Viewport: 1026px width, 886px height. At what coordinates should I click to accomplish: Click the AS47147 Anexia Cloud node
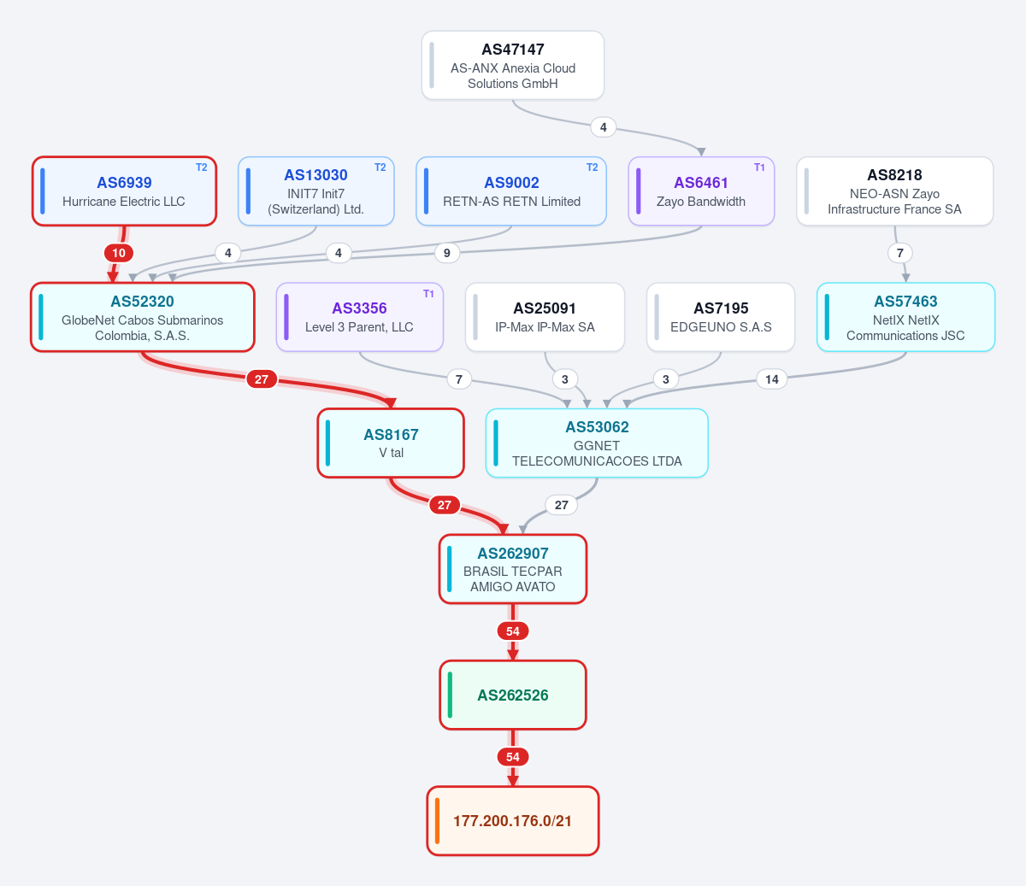[x=513, y=66]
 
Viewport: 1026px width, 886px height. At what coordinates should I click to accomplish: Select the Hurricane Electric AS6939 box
[x=124, y=191]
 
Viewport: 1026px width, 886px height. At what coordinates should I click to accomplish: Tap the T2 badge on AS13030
[x=380, y=167]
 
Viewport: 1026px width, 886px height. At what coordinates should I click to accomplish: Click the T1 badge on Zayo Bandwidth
[x=759, y=167]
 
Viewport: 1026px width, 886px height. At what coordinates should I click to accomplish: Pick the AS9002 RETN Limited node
[x=511, y=191]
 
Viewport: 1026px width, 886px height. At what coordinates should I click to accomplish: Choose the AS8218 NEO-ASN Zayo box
[x=894, y=191]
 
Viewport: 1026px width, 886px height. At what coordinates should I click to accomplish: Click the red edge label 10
[x=119, y=253]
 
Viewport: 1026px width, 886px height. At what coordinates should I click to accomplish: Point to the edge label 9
[x=446, y=253]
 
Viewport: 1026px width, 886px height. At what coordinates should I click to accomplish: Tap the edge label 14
[x=772, y=379]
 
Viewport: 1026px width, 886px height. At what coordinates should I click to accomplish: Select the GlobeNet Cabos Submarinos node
[x=143, y=318]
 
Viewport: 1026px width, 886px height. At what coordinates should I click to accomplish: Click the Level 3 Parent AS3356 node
[x=360, y=318]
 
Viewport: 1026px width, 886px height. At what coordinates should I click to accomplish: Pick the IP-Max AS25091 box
[x=545, y=318]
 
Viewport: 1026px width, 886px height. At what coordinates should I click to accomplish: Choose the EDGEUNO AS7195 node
[x=721, y=318]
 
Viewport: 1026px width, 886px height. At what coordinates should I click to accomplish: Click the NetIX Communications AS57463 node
[x=906, y=318]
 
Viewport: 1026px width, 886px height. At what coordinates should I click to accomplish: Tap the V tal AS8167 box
[x=391, y=443]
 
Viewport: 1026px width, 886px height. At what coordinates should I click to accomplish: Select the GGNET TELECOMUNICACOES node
[x=597, y=443]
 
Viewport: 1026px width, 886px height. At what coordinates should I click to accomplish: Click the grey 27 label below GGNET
[x=562, y=505]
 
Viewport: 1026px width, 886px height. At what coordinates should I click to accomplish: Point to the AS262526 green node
[x=513, y=695]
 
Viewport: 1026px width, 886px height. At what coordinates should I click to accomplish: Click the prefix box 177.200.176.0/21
[x=513, y=821]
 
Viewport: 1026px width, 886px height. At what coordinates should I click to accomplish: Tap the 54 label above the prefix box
[x=513, y=757]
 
